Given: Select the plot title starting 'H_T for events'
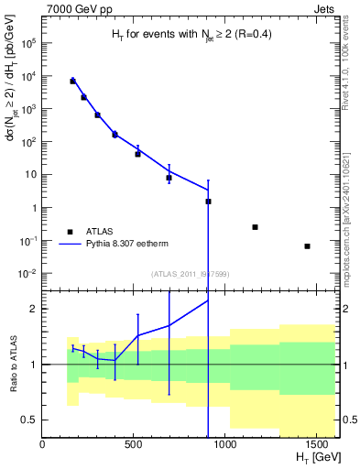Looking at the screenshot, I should coord(191,35).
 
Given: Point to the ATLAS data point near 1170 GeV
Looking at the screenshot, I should coord(255,227).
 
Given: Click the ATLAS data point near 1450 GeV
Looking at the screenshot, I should coord(307,246).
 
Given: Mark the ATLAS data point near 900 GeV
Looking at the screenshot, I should coord(208,202).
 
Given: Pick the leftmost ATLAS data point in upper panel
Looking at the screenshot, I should coord(72,82).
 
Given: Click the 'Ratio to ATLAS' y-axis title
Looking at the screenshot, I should coord(13,364).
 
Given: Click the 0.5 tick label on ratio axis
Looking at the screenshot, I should coord(30,420).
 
